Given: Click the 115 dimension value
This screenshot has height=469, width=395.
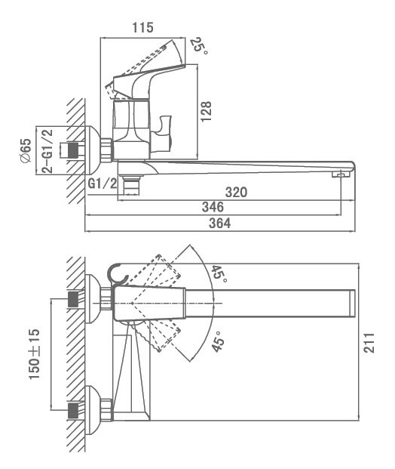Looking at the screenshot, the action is (x=142, y=27).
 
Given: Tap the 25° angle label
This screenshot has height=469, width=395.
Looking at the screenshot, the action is (x=199, y=45).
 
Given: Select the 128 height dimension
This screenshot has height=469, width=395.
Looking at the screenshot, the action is (x=206, y=111).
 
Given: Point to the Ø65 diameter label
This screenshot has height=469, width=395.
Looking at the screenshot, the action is (x=26, y=150).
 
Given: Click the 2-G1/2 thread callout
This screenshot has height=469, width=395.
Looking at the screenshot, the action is (x=47, y=151).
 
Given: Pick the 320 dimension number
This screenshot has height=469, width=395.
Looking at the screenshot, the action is (x=236, y=192).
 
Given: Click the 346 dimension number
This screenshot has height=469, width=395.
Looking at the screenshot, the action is (x=213, y=207).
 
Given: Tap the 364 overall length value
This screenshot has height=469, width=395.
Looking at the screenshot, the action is (x=220, y=223).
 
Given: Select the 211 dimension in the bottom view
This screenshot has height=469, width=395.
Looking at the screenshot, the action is (x=369, y=342).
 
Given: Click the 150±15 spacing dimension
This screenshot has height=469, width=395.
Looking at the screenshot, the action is (x=34, y=354).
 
